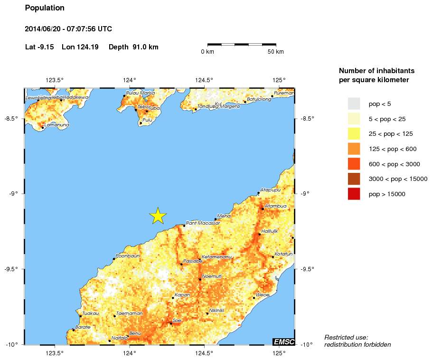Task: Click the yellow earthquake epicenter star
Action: coord(158,216)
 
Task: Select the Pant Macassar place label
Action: coord(203,223)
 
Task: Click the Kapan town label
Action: coord(182,295)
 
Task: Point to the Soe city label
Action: coord(177,321)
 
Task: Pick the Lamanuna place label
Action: coord(56,125)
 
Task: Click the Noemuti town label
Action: coord(212,276)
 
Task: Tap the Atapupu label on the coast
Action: coord(271,190)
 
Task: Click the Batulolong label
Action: coord(259,99)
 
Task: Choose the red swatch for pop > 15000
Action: coord(354,194)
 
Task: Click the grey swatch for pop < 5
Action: coord(354,103)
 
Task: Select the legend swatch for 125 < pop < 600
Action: coord(354,149)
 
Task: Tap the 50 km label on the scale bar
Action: coord(276,51)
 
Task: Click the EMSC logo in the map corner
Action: coord(283,341)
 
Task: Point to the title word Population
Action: coord(45,8)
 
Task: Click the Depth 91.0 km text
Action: coord(133,47)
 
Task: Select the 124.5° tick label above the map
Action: coord(204,80)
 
